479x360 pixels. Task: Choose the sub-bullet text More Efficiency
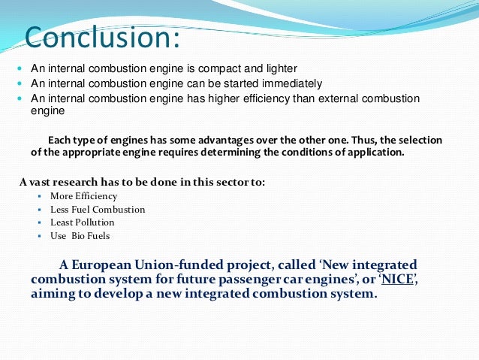[x=84, y=196]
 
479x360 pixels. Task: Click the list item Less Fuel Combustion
[x=98, y=210]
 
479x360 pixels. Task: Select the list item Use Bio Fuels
[x=80, y=236]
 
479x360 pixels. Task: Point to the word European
[x=113, y=265]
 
